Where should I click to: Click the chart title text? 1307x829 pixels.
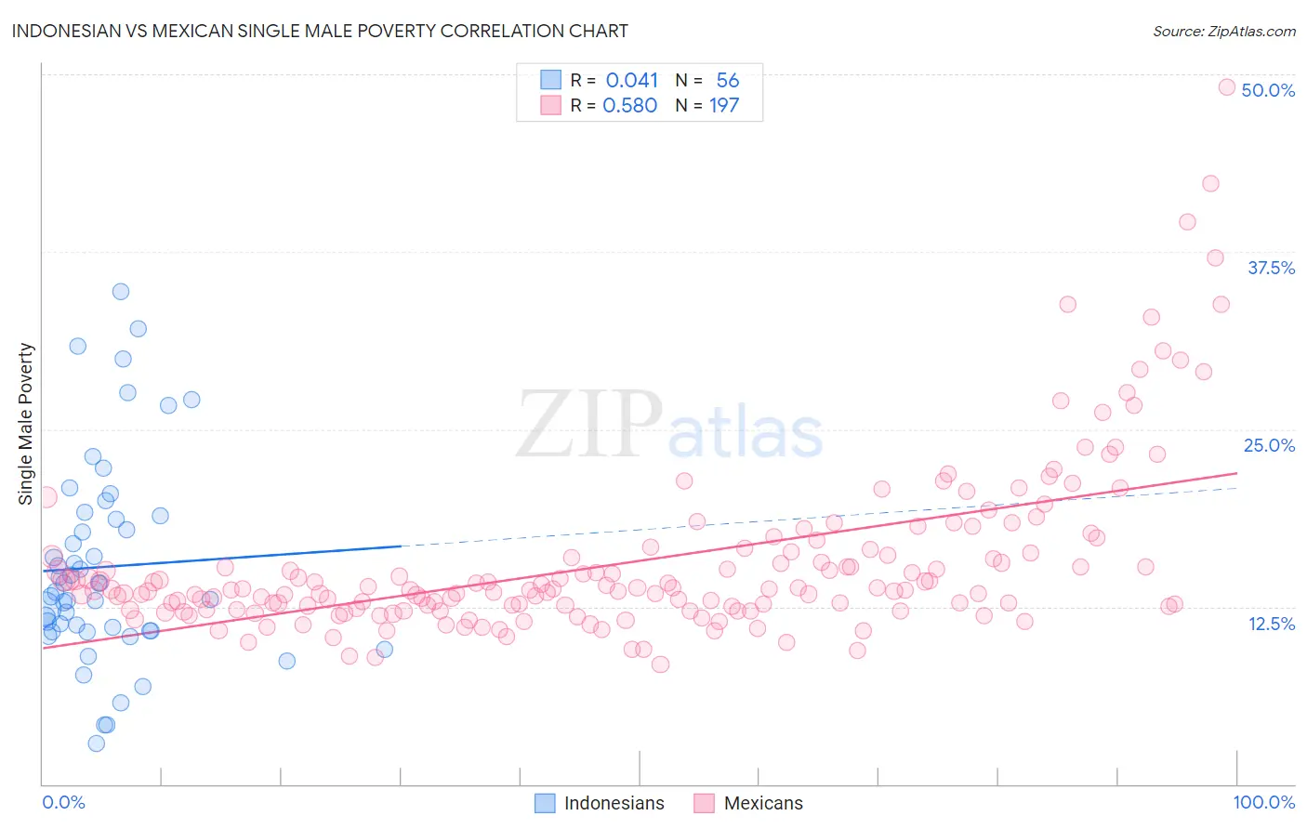click(320, 31)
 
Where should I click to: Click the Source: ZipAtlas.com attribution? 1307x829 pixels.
click(1223, 31)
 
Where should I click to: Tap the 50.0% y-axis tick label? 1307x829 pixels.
click(1268, 90)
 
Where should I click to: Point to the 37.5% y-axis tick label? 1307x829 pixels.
click(1271, 268)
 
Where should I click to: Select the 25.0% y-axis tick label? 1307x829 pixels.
click(1269, 445)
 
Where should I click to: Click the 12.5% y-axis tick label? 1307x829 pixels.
click(1271, 624)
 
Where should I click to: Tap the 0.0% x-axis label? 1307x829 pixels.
click(63, 802)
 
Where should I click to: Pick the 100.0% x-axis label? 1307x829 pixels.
click(1263, 802)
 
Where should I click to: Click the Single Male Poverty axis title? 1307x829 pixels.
click(26, 424)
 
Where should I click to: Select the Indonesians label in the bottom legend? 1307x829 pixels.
click(614, 803)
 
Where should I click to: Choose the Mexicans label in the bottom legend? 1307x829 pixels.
click(762, 803)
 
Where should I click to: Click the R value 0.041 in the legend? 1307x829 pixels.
click(631, 81)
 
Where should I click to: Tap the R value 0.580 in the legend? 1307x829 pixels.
click(629, 106)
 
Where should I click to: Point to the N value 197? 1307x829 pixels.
click(724, 106)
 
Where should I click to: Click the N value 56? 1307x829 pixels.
click(727, 81)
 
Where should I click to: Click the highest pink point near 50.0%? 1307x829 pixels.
click(1226, 87)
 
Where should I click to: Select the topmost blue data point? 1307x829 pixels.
click(121, 292)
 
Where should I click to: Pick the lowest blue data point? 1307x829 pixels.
click(96, 743)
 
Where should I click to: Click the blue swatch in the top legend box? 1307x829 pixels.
click(550, 80)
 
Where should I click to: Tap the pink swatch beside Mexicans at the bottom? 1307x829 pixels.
click(704, 803)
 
